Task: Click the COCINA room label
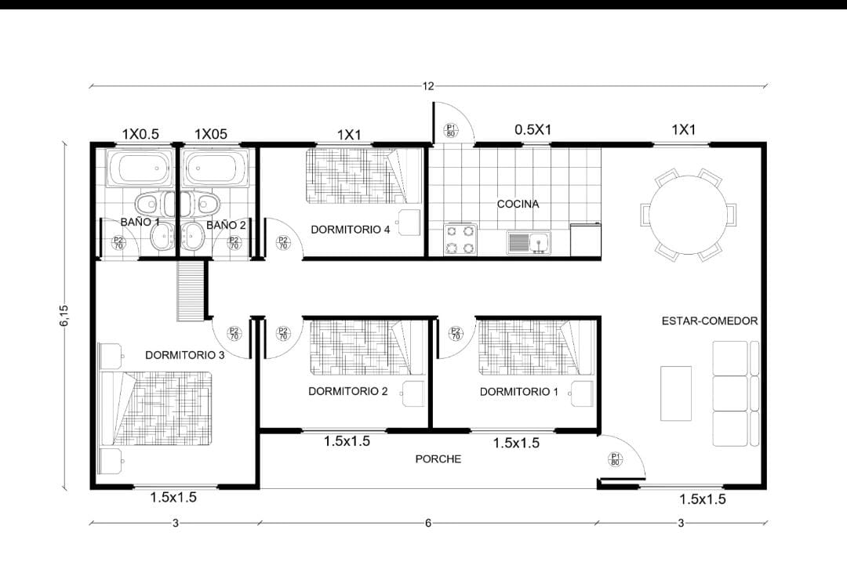[x=518, y=204]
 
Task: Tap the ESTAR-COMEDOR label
[x=709, y=321]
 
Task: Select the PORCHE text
[x=438, y=459]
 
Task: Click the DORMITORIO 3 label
[x=185, y=355]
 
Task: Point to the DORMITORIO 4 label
[x=350, y=230]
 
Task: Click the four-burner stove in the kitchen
[x=461, y=239]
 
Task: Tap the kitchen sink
[x=529, y=242]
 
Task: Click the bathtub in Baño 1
[x=140, y=168]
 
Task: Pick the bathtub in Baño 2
[x=216, y=168]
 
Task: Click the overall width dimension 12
[x=428, y=86]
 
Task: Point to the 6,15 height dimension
[x=64, y=315]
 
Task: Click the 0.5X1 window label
[x=533, y=129]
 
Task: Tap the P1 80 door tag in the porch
[x=616, y=459]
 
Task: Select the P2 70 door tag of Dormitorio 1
[x=456, y=334]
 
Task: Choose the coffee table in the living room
[x=676, y=393]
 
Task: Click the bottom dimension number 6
[x=428, y=523]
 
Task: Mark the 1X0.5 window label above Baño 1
[x=140, y=134]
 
